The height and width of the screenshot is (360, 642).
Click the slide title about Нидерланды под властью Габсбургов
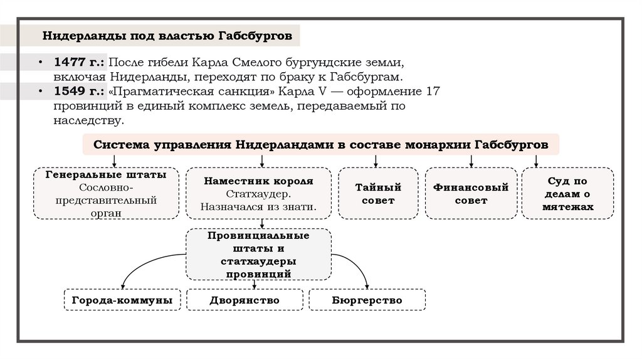(167, 35)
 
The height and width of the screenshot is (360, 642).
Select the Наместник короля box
(258, 193)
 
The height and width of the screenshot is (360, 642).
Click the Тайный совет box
(378, 193)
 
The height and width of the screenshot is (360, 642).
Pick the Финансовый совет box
(471, 193)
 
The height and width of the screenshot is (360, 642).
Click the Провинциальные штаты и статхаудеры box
(258, 255)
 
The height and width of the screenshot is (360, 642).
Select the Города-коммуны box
(122, 300)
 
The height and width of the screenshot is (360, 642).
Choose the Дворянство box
(245, 300)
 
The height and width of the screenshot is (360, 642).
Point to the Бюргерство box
(367, 300)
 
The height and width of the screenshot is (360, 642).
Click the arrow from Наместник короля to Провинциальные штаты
(264, 224)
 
